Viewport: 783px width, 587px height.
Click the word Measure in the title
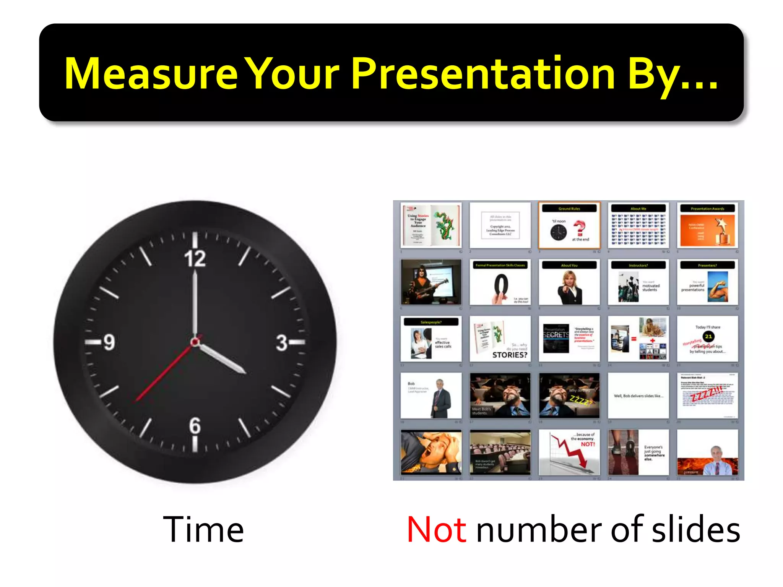151,73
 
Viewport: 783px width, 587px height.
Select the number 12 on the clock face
195,259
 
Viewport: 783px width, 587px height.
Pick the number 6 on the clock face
195,425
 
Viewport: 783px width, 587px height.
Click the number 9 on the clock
109,342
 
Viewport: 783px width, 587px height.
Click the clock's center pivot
195,342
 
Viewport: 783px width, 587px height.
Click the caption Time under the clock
203,530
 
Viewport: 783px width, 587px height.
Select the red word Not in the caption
436,530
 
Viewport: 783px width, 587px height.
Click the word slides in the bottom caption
696,530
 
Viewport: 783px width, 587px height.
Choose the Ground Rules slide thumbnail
569,225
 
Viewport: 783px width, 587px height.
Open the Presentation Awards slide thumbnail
707,225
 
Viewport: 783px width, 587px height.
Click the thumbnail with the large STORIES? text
500,339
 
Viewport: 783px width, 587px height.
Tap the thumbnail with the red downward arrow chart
569,452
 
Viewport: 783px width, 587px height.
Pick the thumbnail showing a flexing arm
707,282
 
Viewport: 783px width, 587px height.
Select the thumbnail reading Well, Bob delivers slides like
638,396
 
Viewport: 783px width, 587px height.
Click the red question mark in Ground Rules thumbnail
580,228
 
